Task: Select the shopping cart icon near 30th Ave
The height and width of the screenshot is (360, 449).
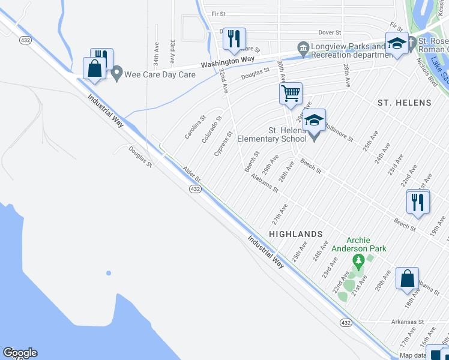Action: (x=291, y=94)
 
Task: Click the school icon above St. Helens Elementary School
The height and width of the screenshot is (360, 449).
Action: (x=314, y=120)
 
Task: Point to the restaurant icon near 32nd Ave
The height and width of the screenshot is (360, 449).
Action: (x=234, y=39)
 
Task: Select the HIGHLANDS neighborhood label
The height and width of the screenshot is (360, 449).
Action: (x=296, y=233)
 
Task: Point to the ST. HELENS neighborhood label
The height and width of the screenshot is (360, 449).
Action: (x=405, y=103)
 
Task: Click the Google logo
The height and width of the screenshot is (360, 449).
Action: (x=20, y=353)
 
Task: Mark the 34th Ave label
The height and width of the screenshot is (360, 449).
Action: (x=155, y=53)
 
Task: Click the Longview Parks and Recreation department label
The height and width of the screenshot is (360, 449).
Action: (x=348, y=50)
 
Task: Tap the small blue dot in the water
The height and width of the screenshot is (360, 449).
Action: (x=109, y=273)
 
